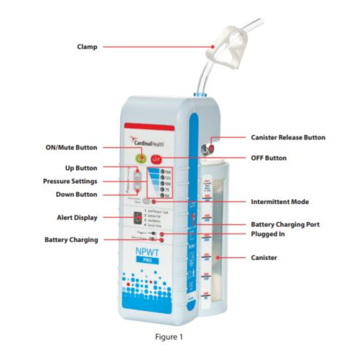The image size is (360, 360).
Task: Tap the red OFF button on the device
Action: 155,158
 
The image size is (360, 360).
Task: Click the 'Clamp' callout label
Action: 87,47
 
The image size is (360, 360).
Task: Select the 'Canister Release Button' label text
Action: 288,138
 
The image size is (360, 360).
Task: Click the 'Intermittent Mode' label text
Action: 279,202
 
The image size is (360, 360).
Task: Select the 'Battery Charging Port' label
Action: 285,224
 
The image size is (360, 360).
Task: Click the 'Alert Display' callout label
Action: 77,217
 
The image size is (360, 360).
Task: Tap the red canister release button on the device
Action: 210,148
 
